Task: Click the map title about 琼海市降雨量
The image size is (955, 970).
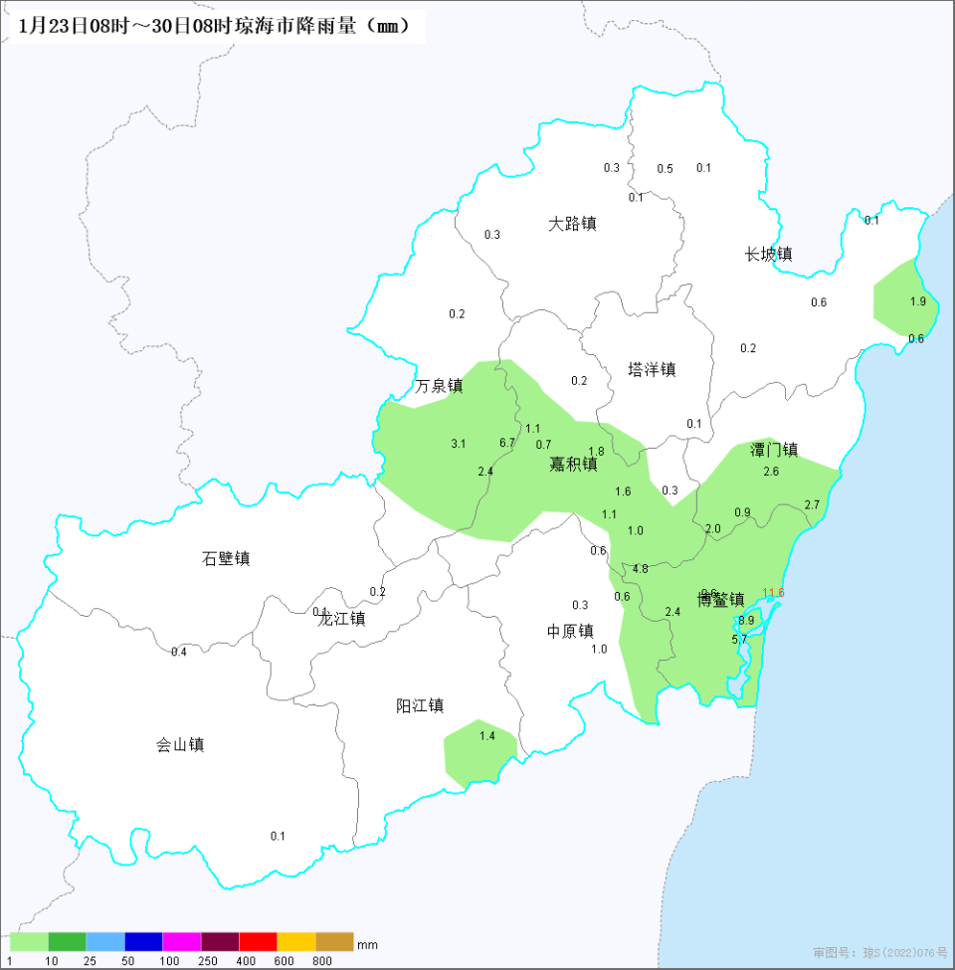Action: [x=214, y=26]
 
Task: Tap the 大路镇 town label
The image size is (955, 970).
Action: [x=572, y=224]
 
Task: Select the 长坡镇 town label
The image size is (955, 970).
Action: [x=769, y=255]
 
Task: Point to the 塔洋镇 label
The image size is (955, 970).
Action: [x=652, y=369]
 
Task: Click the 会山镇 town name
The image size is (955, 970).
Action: [x=180, y=744]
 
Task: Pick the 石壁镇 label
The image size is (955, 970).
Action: [x=226, y=558]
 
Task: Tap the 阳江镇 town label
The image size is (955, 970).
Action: [x=419, y=705]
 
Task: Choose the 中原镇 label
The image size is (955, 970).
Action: [x=570, y=631]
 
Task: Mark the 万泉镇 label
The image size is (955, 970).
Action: [x=439, y=386]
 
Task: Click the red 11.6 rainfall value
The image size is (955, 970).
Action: [x=773, y=593]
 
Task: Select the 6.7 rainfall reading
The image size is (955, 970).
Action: [x=506, y=443]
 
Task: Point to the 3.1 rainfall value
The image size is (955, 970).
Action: [x=458, y=444]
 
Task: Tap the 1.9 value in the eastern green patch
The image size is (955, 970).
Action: [x=917, y=301]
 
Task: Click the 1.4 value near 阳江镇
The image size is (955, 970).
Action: [x=486, y=736]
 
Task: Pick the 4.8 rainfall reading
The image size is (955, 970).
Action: [x=640, y=569]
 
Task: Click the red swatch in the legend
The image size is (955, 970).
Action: [x=258, y=942]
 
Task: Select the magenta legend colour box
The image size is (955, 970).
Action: [x=181, y=942]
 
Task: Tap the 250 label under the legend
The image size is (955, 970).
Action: [x=208, y=960]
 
